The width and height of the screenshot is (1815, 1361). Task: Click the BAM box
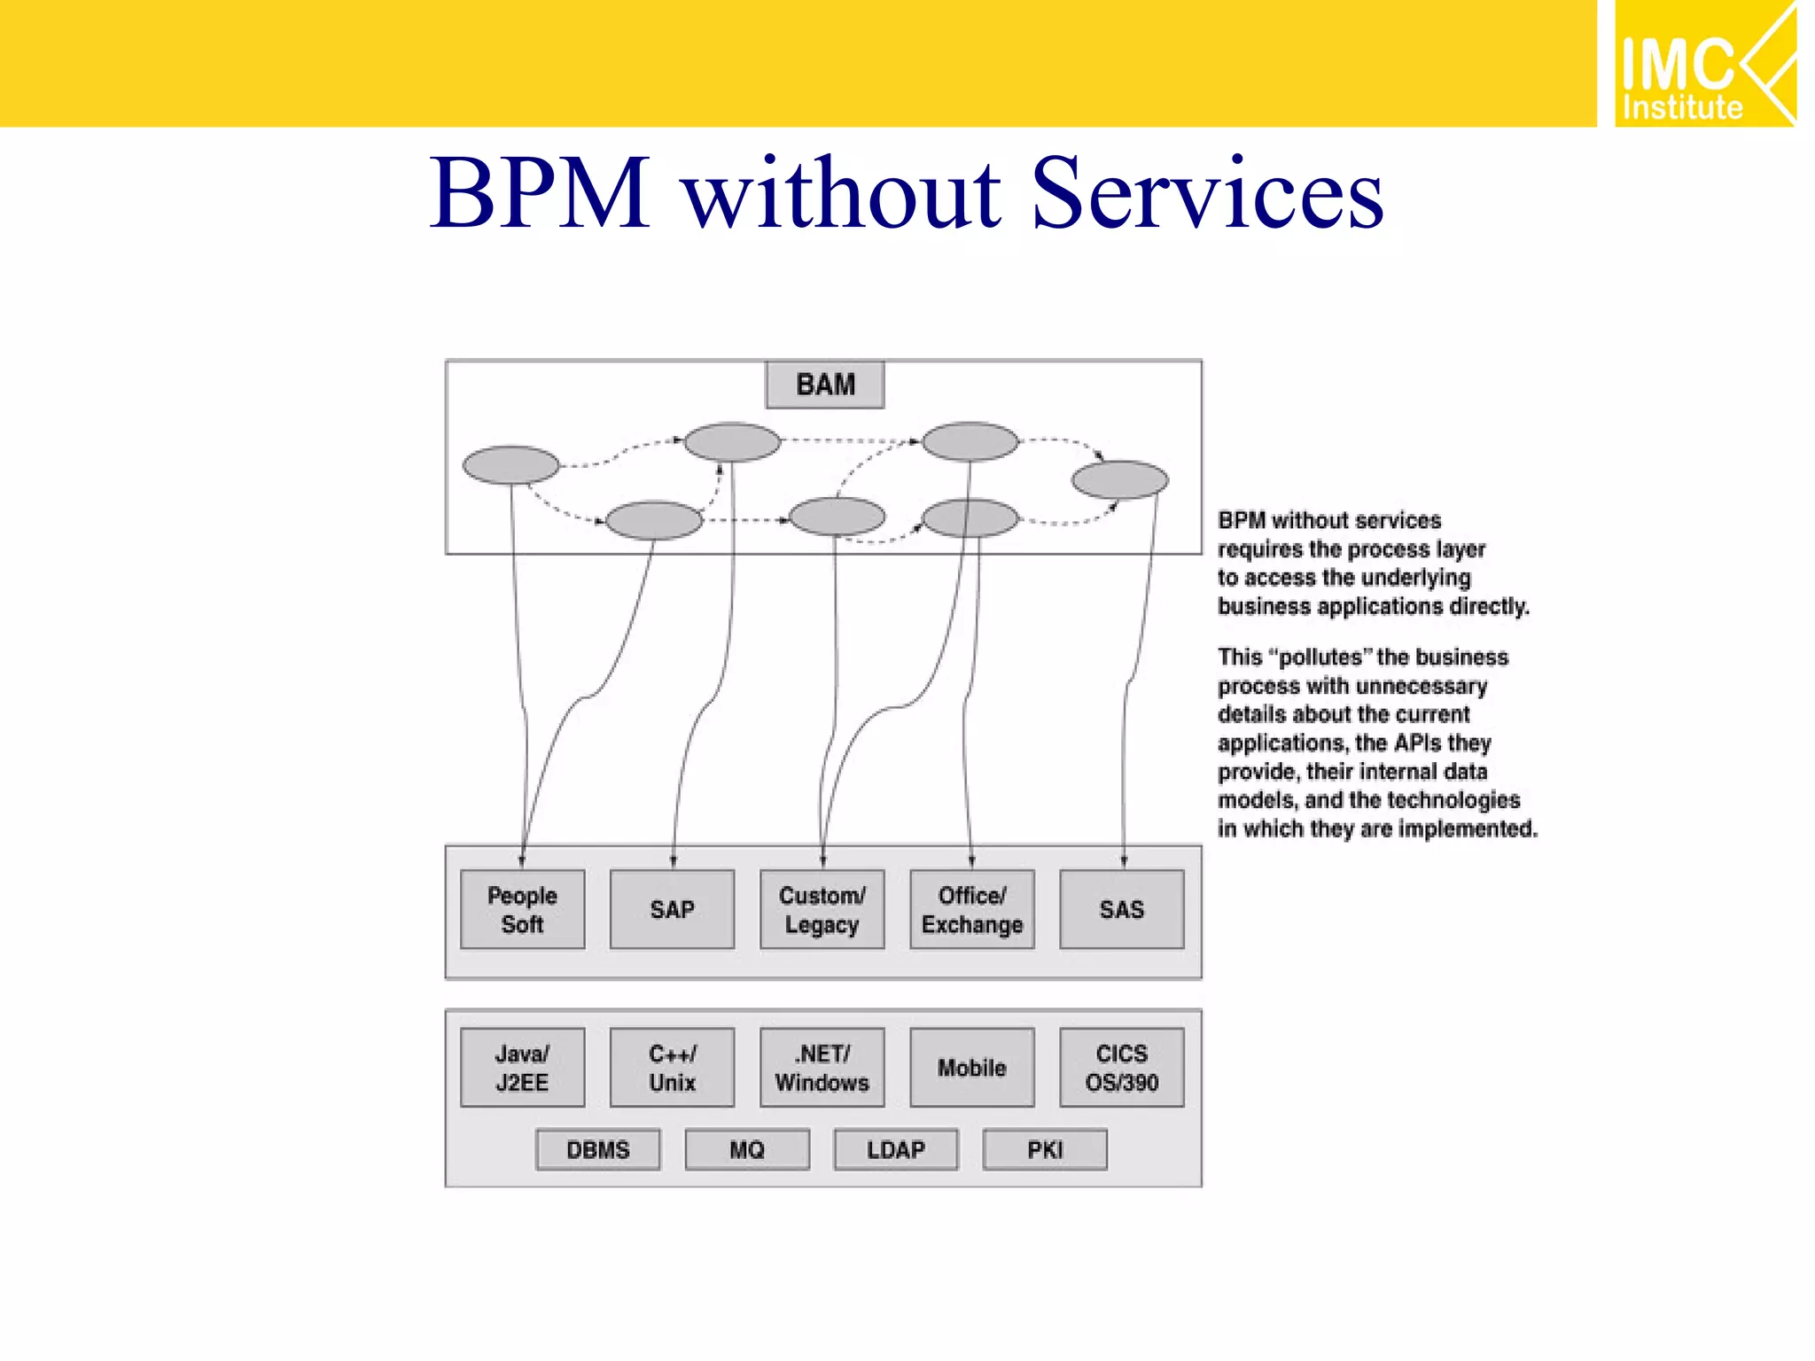[824, 385]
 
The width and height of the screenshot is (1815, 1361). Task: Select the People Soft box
[522, 909]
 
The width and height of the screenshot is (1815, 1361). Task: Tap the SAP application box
[672, 909]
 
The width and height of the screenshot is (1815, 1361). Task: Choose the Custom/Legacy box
[822, 909]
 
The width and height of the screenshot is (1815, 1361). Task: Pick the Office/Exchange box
[971, 909]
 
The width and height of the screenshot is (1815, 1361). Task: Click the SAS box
[1121, 909]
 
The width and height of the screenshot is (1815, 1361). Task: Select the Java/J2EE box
[522, 1067]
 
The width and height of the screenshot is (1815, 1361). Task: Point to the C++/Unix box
[672, 1067]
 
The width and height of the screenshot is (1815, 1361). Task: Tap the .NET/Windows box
[822, 1067]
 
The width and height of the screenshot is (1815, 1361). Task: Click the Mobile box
[971, 1067]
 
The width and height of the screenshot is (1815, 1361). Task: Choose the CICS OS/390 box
[1121, 1067]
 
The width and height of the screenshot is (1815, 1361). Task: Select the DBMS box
[597, 1149]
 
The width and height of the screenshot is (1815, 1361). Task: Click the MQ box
[747, 1149]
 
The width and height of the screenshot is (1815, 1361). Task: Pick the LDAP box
[895, 1149]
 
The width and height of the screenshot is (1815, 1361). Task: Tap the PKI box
[1045, 1149]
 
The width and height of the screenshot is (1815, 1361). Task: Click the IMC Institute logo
[1703, 64]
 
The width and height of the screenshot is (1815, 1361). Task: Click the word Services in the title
[1207, 193]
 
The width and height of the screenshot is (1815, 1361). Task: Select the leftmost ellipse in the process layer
[511, 464]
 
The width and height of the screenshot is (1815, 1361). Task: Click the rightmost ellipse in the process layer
[1119, 479]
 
